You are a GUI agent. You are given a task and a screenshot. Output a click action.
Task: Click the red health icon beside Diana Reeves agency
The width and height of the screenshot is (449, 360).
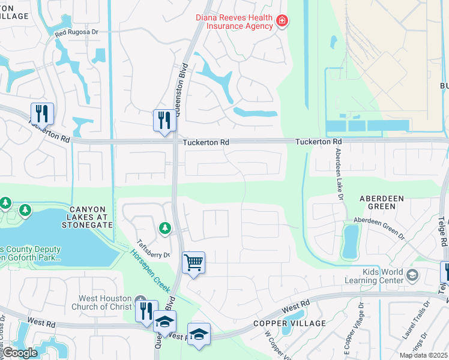point(281,22)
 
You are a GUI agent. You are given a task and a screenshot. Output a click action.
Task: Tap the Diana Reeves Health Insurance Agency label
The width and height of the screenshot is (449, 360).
point(234,22)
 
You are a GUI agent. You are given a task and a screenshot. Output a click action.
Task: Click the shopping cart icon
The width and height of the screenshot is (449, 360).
point(193,262)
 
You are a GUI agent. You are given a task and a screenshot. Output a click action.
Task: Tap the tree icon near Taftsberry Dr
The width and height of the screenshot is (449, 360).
point(164,228)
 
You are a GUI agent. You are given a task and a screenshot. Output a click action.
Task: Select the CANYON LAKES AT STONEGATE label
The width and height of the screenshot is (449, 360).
point(87,217)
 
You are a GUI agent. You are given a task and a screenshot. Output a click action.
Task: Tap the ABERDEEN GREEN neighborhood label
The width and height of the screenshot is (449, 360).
point(378,202)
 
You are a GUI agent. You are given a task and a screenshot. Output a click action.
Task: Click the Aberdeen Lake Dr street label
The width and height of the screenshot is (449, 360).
point(338,171)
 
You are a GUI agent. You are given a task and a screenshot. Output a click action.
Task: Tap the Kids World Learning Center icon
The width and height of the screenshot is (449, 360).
point(412,275)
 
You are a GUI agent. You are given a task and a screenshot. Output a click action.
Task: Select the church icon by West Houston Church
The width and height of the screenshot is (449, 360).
point(140,299)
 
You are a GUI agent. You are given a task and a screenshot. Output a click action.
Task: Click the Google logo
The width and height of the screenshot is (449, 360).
point(19,352)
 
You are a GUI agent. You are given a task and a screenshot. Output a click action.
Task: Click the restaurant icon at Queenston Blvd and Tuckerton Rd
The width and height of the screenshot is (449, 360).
point(163,120)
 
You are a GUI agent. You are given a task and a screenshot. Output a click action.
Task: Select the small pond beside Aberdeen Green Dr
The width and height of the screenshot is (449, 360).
point(349,241)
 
